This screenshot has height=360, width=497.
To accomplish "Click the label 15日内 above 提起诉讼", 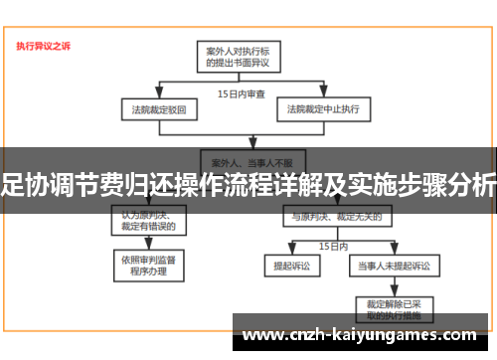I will pos(332,245).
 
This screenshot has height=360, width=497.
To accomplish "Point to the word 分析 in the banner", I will pos(472,185).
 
